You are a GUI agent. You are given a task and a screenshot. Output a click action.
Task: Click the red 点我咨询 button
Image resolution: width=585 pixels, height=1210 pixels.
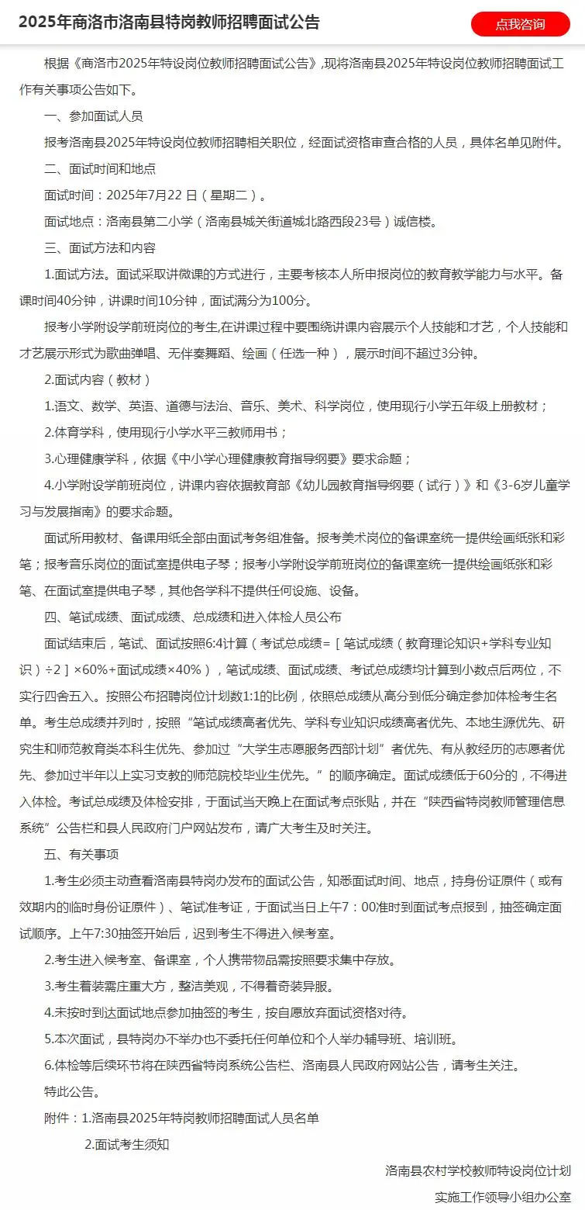520,24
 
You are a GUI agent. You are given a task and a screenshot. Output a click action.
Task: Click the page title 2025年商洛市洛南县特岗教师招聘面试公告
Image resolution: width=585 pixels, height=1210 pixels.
169,22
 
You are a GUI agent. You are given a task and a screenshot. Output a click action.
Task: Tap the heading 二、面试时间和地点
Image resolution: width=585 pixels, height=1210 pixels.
100,168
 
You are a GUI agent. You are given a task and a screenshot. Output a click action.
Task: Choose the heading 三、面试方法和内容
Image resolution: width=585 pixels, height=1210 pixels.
100,248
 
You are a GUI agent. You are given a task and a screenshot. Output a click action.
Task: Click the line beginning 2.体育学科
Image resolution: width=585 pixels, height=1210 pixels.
166,432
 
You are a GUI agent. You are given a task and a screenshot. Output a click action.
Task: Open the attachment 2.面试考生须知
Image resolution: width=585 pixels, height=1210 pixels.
126,1144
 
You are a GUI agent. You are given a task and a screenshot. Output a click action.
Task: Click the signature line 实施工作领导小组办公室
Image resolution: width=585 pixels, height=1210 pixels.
503,1197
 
